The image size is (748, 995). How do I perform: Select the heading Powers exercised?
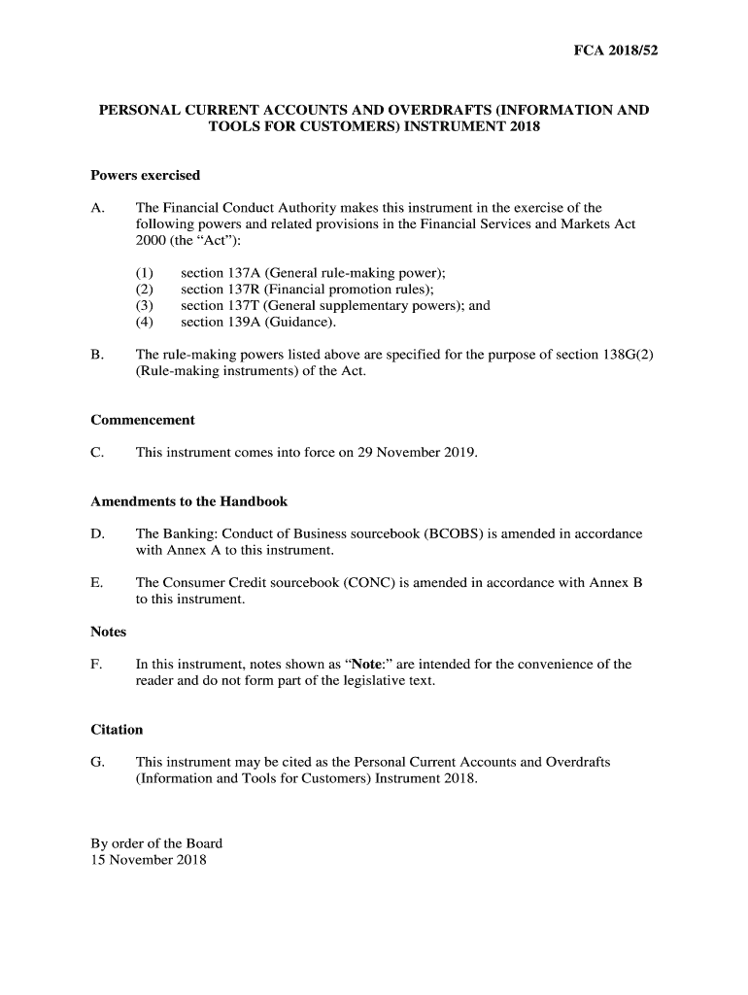145,176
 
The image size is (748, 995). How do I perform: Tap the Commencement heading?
142,421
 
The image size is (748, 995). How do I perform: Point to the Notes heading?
108,633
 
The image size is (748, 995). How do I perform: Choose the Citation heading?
117,730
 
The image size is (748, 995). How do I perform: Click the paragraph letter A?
96,208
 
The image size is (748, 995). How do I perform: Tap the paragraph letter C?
96,453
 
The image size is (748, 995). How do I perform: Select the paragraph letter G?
96,762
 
